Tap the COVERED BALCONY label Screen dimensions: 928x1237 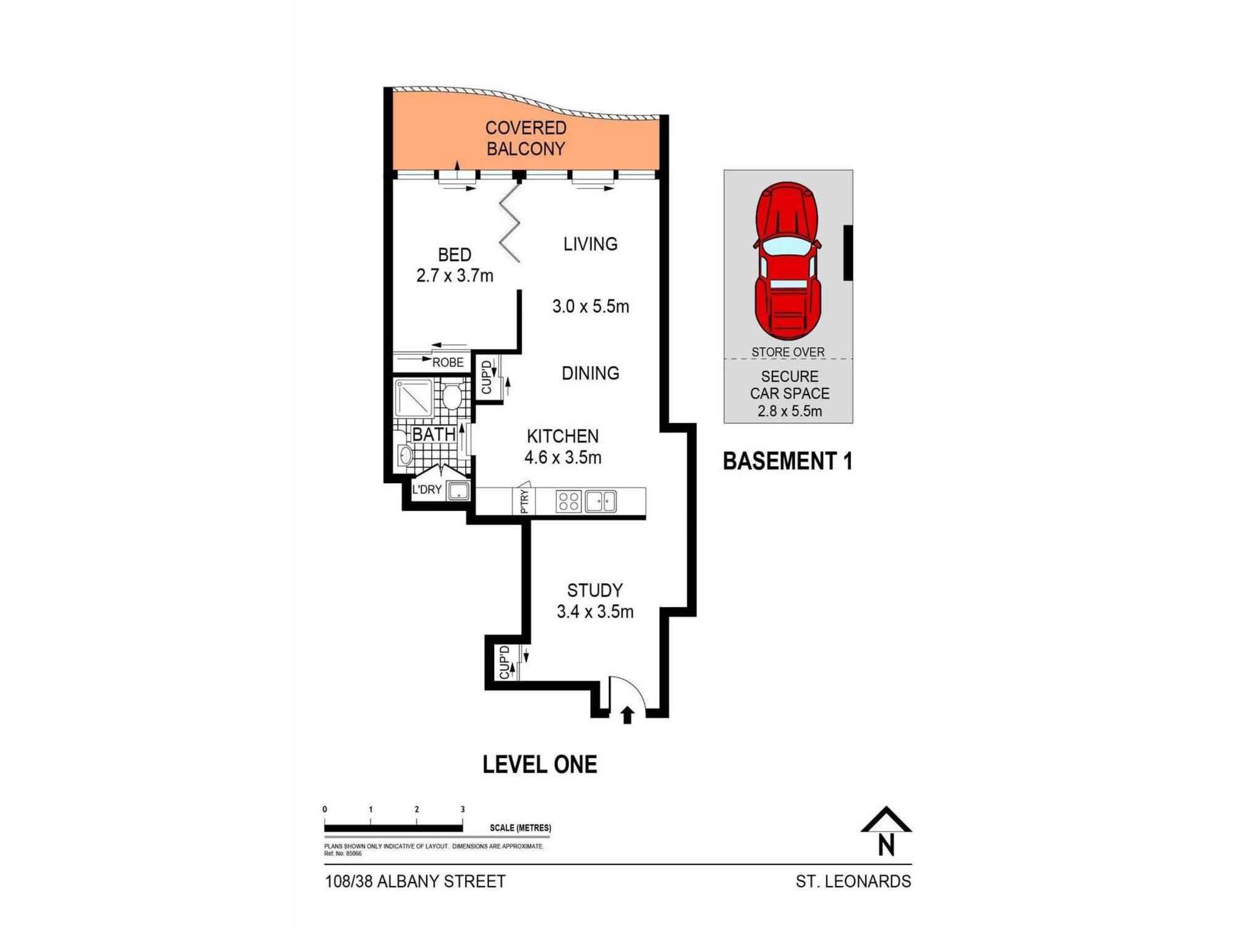(x=526, y=138)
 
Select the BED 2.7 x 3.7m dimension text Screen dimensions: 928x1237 (x=455, y=275)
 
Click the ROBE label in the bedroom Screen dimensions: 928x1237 (x=447, y=363)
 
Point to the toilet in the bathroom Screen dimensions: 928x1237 (x=451, y=396)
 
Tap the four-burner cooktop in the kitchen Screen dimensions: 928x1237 (x=568, y=501)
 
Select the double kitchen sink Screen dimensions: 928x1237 (x=601, y=501)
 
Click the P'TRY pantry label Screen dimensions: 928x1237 (x=524, y=501)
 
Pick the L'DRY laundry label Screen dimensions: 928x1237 (x=427, y=490)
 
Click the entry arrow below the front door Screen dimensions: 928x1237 (x=627, y=715)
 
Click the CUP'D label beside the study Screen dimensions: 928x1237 (x=504, y=662)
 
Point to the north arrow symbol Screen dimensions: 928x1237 (x=886, y=832)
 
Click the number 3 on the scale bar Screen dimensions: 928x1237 (x=463, y=809)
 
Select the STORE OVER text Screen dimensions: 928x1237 (x=788, y=352)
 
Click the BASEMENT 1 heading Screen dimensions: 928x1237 (x=787, y=462)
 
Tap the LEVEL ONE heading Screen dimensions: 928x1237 (x=539, y=765)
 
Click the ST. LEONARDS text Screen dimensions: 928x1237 (x=853, y=882)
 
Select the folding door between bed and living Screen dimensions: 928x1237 (x=511, y=223)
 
